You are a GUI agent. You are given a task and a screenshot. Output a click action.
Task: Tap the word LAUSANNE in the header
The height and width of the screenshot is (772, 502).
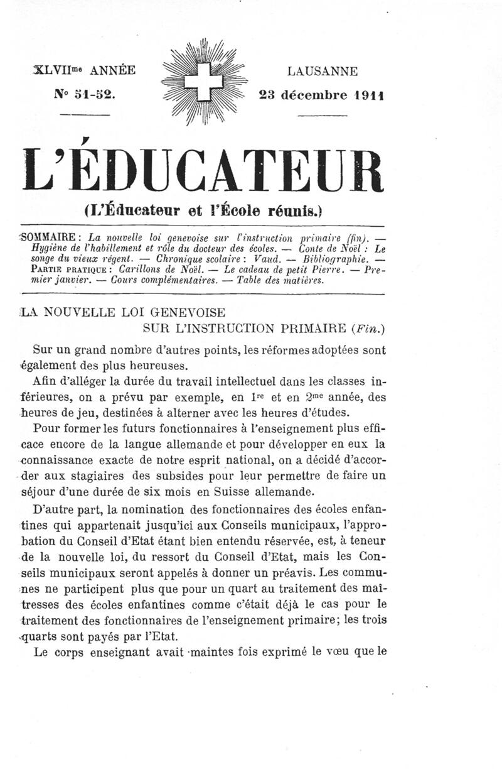pyautogui.click(x=322, y=72)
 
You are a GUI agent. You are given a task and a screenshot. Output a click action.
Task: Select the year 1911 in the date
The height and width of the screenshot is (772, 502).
pyautogui.click(x=368, y=95)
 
